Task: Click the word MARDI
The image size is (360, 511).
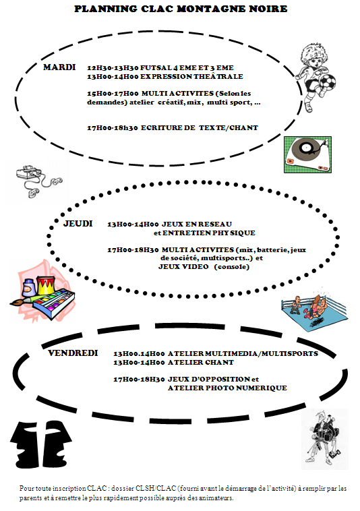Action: click(59, 67)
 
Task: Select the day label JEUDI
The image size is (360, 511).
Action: click(78, 224)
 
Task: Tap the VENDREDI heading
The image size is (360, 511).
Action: click(73, 353)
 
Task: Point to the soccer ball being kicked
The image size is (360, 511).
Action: click(328, 82)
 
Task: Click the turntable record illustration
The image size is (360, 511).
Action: click(307, 154)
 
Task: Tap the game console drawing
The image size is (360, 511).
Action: click(38, 181)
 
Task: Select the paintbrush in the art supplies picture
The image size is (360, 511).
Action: click(23, 301)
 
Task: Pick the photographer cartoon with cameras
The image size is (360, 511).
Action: click(324, 438)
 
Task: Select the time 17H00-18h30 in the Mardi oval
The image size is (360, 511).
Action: click(113, 128)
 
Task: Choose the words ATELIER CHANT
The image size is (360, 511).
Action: click(201, 363)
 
